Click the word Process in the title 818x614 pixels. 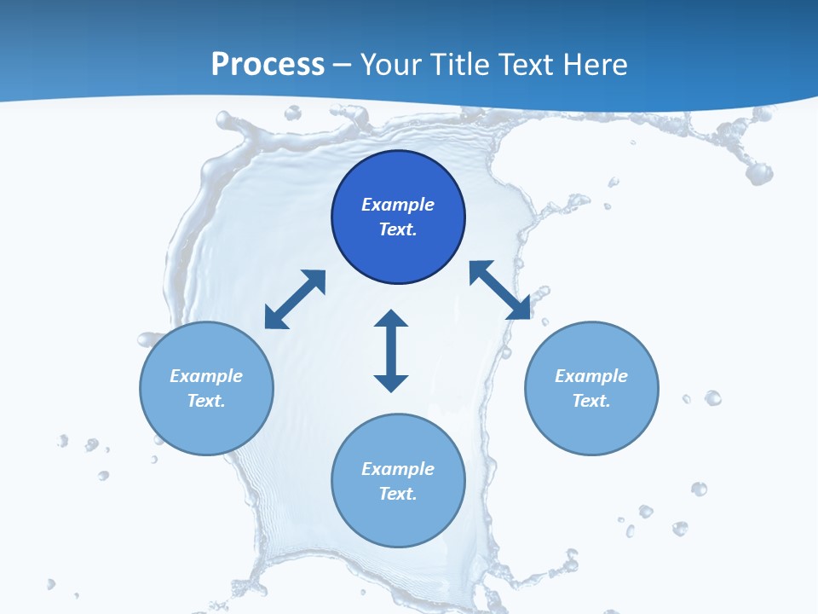coord(268,65)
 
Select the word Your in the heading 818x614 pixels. coord(389,65)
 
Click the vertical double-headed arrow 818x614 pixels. coord(391,351)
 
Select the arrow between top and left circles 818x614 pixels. coord(295,299)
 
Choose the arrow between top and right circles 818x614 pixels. coord(500,290)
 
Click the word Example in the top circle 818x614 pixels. coord(398,205)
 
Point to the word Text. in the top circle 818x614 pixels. coord(398,229)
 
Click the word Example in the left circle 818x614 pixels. coord(206,376)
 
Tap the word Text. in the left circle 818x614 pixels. coord(206,401)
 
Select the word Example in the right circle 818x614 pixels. coord(591,376)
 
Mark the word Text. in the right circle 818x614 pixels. coord(591,401)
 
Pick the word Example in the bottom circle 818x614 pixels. coord(398,469)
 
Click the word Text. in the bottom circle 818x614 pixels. coord(398,494)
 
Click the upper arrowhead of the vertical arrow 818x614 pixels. coord(391,320)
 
